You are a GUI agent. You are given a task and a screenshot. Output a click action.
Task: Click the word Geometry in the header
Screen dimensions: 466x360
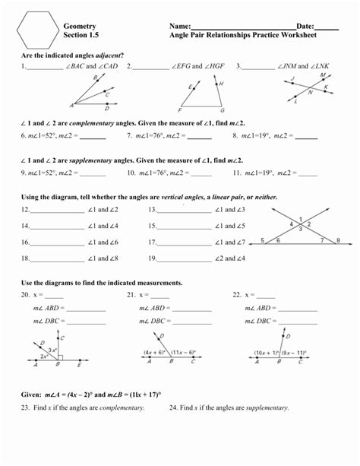click(x=80, y=26)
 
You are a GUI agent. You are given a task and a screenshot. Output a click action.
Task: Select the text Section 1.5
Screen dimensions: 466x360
click(x=81, y=35)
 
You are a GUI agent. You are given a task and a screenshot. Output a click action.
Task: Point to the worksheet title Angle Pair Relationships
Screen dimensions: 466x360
click(x=221, y=35)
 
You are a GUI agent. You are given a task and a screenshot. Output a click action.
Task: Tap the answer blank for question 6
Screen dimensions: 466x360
click(x=93, y=138)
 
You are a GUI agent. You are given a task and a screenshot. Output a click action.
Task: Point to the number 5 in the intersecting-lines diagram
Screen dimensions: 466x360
click(x=263, y=239)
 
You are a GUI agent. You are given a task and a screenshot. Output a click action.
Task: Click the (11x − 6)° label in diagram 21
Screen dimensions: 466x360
click(x=181, y=353)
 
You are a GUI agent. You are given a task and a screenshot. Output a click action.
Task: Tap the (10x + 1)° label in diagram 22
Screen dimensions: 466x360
click(x=268, y=353)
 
